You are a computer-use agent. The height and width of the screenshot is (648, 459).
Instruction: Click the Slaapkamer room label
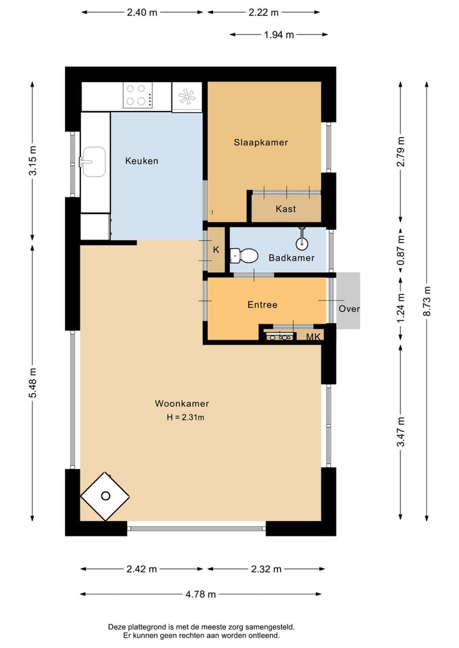point(261,143)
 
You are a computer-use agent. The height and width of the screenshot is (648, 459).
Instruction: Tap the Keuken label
point(142,161)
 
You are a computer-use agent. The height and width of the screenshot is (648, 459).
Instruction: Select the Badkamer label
point(291,258)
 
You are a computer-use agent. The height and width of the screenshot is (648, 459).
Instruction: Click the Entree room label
point(262,305)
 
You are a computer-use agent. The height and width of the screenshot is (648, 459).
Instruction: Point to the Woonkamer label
point(182,403)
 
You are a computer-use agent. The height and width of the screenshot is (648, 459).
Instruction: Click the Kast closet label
point(286,209)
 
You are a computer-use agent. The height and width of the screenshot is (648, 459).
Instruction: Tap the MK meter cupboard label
point(313,337)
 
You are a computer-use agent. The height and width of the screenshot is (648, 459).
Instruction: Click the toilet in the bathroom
point(244,256)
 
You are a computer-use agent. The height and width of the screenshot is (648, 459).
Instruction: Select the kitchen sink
point(92,162)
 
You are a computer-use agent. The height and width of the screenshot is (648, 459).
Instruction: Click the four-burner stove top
point(138,95)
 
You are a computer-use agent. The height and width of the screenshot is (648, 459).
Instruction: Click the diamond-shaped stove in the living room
point(105,496)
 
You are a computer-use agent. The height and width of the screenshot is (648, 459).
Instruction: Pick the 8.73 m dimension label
point(427,301)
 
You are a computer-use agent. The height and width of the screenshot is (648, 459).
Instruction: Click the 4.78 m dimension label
point(201,594)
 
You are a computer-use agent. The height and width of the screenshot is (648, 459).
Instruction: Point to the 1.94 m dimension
point(279,34)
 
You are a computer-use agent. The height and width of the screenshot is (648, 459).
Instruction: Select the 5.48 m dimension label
point(33,383)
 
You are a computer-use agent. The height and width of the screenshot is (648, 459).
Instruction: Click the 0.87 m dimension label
point(400,250)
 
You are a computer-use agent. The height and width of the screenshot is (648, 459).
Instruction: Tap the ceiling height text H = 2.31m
point(186,417)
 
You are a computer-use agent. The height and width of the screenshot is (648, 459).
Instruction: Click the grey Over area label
point(349,309)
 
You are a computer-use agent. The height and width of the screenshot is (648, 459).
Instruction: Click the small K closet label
point(216,250)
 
